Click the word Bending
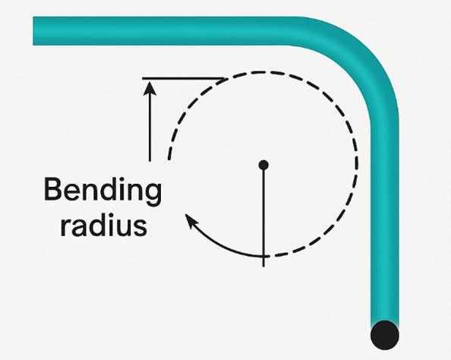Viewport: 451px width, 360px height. pos(102,191)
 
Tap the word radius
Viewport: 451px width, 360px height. pos(104,225)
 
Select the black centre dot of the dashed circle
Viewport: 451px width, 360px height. pos(263,165)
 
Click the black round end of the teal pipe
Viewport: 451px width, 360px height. pos(384,335)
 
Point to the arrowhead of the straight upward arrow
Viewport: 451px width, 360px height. pos(150,88)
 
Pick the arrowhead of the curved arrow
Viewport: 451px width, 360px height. pos(191,220)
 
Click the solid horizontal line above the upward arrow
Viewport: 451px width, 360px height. pos(183,78)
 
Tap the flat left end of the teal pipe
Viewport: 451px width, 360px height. pos(33,31)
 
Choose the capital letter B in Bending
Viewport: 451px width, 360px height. pos(53,189)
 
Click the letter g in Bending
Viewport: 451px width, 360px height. pos(152,194)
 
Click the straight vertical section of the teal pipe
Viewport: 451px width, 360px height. pos(384,222)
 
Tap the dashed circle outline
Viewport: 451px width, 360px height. pos(358,164)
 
